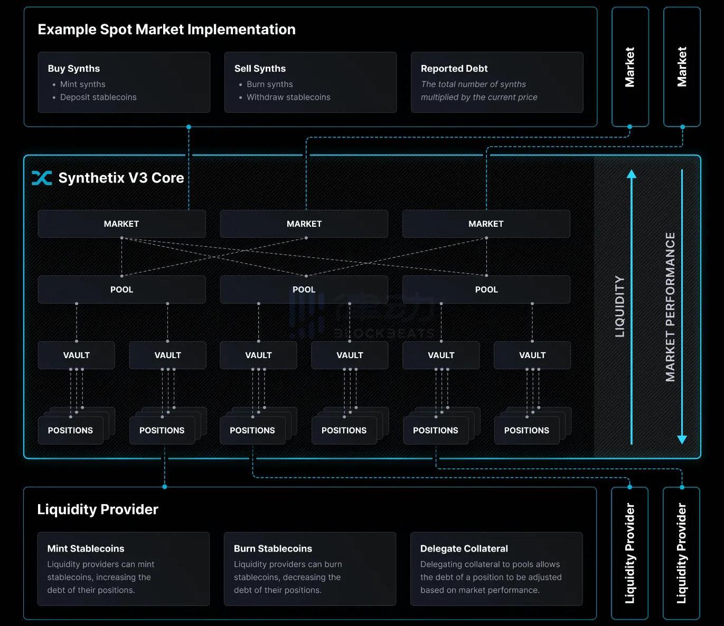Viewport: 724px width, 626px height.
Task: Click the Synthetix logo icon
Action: (x=42, y=178)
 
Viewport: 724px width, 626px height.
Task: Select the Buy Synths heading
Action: (x=73, y=69)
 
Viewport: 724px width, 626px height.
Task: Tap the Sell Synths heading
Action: (x=260, y=69)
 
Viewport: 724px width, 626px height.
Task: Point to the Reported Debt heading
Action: (x=454, y=69)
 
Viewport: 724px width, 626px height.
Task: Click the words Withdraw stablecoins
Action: (x=288, y=97)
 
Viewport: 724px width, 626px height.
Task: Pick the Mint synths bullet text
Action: (x=82, y=84)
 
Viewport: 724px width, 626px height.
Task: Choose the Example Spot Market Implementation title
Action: (x=166, y=30)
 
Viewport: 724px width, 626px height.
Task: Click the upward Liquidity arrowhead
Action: (x=631, y=174)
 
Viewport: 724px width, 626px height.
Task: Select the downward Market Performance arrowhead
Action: (x=682, y=439)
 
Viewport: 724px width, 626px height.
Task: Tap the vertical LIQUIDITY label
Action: (x=620, y=306)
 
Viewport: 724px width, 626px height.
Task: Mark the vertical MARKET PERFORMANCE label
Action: (x=670, y=306)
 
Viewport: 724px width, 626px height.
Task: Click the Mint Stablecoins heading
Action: (x=86, y=548)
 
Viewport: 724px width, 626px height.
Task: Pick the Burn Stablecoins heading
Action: (x=272, y=548)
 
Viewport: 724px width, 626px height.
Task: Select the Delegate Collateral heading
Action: (x=464, y=548)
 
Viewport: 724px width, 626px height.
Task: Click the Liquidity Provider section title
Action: (x=98, y=509)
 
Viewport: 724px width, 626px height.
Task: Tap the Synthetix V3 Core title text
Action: (x=121, y=178)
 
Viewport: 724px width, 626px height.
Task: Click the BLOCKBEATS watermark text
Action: (x=384, y=333)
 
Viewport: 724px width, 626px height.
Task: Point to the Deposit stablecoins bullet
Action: (x=98, y=97)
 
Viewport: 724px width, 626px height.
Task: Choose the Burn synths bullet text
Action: (x=269, y=84)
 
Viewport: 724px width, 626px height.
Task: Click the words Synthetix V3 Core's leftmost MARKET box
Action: (x=121, y=224)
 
